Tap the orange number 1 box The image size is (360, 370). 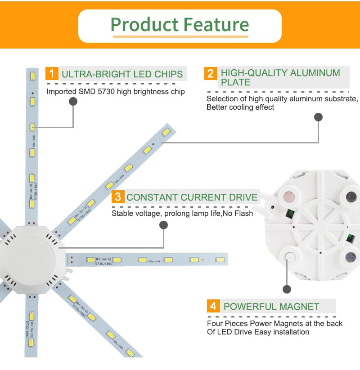[52, 73]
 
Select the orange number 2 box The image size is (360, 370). [210, 73]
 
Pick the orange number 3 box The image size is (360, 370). [117, 197]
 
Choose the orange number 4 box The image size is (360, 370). [213, 307]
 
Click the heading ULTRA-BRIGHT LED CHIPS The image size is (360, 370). [122, 74]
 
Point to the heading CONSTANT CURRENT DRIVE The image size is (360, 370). [192, 197]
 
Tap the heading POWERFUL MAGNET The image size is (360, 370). [271, 307]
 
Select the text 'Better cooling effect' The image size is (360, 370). [240, 107]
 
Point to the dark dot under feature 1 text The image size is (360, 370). [73, 102]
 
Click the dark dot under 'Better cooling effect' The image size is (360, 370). [318, 117]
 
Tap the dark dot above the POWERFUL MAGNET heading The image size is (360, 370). [287, 289]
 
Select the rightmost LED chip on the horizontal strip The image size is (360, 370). [220, 260]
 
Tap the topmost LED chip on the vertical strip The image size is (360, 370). [32, 74]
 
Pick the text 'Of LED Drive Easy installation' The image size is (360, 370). [258, 332]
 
